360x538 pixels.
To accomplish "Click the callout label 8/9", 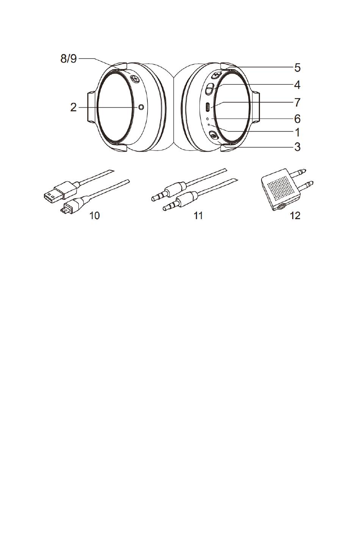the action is click(69, 59).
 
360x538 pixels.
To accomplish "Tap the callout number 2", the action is click(74, 107).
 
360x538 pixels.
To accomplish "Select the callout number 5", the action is click(297, 68).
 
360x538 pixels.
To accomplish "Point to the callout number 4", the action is click(297, 85).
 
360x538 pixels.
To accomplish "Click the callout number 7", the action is click(297, 102).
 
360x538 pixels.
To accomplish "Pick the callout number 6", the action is click(297, 119).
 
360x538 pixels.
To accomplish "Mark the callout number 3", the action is click(297, 147).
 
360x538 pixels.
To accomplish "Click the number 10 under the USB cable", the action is click(95, 216).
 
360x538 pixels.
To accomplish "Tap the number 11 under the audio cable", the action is click(198, 216).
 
